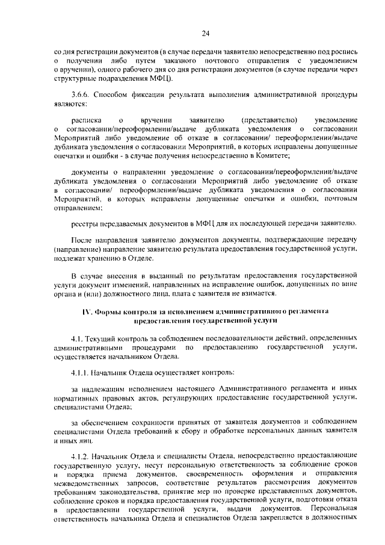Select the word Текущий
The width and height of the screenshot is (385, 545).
click(102, 338)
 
